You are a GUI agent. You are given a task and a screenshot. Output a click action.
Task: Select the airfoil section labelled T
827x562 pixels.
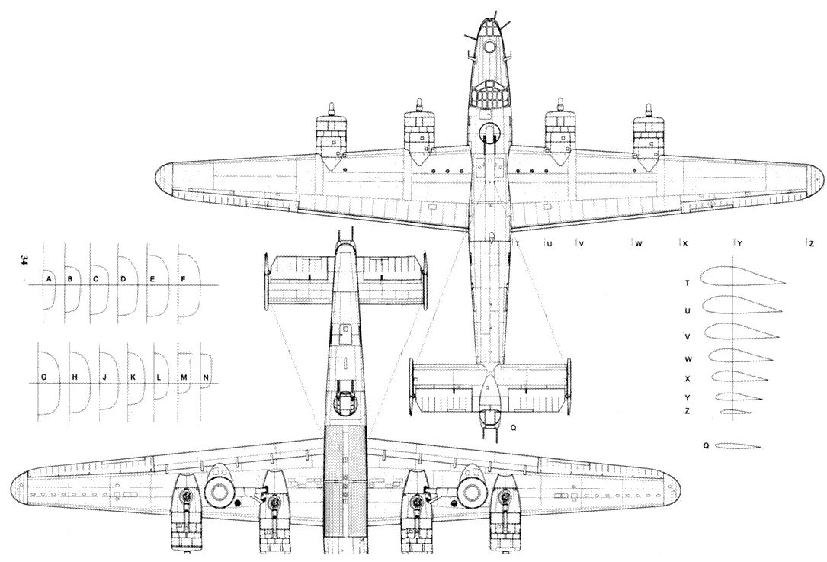click(x=739, y=281)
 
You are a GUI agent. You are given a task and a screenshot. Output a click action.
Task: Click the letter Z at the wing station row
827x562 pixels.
click(x=812, y=244)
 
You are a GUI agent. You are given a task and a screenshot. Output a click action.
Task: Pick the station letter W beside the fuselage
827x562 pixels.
click(x=638, y=244)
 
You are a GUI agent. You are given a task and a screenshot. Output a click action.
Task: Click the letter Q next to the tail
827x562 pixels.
click(x=513, y=428)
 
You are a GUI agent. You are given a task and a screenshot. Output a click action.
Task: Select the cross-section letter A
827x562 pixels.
click(x=48, y=279)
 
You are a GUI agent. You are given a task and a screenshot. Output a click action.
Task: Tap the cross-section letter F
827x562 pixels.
click(x=183, y=279)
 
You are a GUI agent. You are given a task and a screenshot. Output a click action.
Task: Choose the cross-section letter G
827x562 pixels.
click(x=44, y=378)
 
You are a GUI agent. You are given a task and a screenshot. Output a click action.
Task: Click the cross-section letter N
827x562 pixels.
click(x=206, y=378)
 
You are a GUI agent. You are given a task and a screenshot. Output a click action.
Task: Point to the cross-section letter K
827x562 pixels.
click(x=133, y=378)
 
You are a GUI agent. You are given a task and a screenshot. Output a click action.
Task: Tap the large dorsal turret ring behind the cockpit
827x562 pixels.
click(x=489, y=133)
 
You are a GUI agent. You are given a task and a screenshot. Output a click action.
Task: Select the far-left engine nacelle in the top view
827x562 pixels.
click(x=330, y=137)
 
